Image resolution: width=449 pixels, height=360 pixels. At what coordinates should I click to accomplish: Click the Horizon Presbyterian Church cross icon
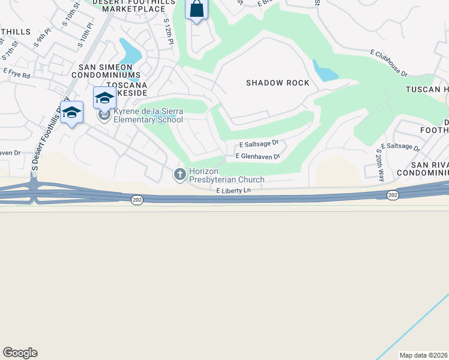(x=179, y=175)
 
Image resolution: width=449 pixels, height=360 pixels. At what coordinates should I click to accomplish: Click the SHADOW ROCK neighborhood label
(x=277, y=83)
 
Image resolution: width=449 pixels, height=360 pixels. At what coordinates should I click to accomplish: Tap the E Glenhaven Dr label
(x=258, y=156)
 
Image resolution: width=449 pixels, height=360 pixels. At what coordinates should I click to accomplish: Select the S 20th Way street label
(x=380, y=165)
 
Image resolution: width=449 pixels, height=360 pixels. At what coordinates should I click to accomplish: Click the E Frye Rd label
(x=16, y=73)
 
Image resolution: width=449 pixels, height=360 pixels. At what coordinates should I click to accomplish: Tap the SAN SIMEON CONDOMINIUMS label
(x=106, y=70)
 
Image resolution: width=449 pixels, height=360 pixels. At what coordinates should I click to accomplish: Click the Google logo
(x=20, y=353)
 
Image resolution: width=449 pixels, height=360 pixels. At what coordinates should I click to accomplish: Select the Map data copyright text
(x=424, y=355)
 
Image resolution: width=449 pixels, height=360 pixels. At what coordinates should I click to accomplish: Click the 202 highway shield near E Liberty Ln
(x=137, y=199)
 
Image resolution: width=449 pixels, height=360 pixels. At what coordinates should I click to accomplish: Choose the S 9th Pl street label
(x=41, y=40)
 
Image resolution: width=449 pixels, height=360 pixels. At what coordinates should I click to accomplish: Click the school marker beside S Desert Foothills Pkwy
(x=71, y=112)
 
